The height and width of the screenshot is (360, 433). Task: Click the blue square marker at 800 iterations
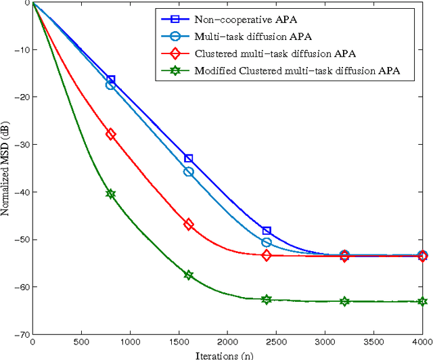tap(111, 80)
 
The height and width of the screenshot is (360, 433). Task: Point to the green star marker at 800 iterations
tap(111, 194)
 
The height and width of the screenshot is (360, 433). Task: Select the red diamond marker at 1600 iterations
tap(189, 224)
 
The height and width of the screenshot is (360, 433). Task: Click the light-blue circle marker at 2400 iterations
tap(267, 242)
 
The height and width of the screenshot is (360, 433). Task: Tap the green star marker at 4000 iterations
tap(422, 301)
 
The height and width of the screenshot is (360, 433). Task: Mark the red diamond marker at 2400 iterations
tap(267, 255)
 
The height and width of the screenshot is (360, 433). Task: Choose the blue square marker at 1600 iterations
tap(189, 158)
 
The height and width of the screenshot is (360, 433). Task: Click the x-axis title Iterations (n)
tap(227, 354)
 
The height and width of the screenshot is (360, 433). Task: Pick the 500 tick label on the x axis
tap(81, 343)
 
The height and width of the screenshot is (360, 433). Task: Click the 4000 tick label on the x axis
tap(421, 343)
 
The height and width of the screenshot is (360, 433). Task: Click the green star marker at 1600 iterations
tap(189, 275)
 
